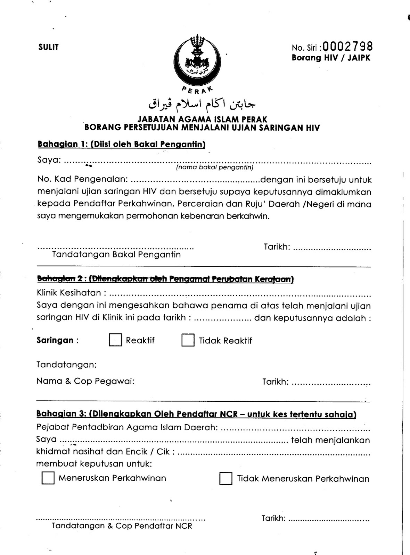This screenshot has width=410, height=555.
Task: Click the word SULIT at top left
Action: [49, 47]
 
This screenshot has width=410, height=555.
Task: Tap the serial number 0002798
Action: [348, 46]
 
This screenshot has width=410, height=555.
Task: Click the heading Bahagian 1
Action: [121, 144]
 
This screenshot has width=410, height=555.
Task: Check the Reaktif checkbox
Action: [115, 340]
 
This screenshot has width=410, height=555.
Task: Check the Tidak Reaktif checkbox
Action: [188, 340]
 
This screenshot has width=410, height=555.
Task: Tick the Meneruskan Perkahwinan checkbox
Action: [48, 478]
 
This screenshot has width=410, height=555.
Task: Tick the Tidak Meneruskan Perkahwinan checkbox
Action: [226, 479]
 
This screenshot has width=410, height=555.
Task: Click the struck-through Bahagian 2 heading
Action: [165, 279]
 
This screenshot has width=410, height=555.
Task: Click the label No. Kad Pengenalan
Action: [83, 180]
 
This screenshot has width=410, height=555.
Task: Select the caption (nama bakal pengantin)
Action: [214, 168]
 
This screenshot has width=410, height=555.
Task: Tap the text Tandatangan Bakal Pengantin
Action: [116, 255]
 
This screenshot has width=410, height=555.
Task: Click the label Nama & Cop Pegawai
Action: [85, 381]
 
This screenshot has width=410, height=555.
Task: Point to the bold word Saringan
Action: [55, 340]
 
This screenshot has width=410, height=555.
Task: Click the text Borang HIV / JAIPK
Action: [331, 58]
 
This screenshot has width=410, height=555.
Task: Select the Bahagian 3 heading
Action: [196, 414]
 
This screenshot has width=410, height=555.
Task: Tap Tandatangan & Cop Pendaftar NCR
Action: [122, 526]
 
